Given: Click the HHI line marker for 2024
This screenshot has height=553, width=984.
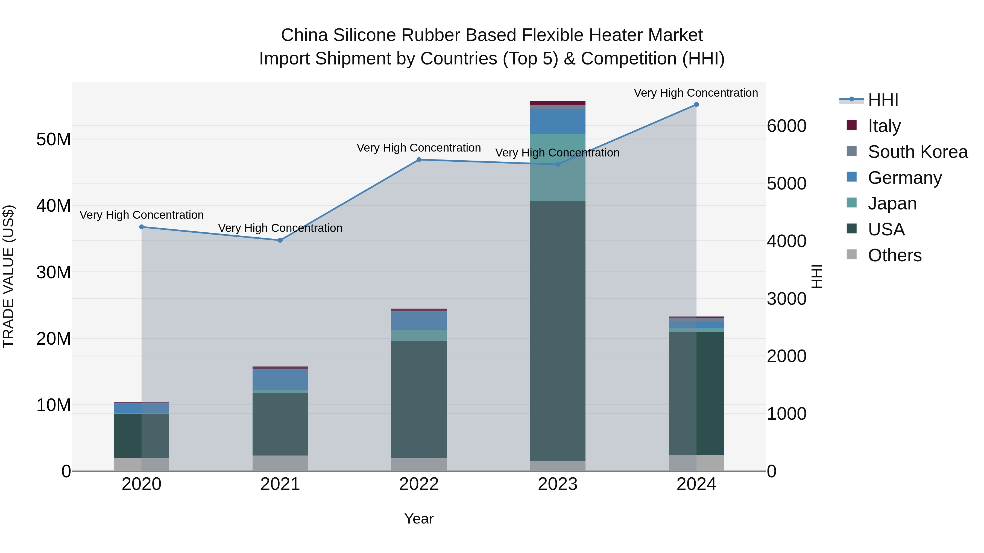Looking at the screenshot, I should (696, 105).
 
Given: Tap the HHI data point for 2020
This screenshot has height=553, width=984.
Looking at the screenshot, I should (141, 227).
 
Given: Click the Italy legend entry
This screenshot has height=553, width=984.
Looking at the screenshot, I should (884, 126).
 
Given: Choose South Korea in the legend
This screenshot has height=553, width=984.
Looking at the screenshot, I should (918, 152).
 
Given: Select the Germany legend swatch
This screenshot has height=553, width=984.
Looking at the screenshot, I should (852, 177).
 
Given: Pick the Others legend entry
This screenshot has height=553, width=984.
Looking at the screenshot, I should (894, 255).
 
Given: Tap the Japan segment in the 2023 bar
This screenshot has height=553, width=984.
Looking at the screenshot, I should (558, 167).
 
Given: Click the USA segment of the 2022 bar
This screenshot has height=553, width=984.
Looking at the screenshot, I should (419, 399).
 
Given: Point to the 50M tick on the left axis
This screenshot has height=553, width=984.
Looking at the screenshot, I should (54, 139).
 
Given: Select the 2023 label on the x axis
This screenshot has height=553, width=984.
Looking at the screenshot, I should (558, 484).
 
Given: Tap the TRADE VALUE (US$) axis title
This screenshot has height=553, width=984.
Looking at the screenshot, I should (8, 276).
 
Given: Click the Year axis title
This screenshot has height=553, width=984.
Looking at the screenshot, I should (419, 519).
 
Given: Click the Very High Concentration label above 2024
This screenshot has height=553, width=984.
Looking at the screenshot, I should (696, 93).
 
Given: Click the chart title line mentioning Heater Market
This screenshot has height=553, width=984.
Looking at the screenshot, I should (492, 35).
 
